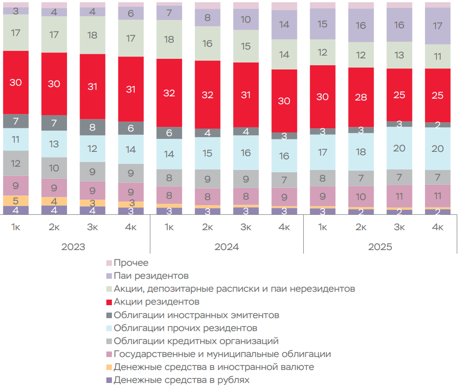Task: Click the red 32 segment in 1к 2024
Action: click(169, 93)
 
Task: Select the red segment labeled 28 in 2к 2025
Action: click(361, 97)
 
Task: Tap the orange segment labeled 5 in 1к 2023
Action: click(16, 201)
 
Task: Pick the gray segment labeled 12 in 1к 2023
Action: click(16, 163)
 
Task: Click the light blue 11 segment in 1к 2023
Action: click(16, 139)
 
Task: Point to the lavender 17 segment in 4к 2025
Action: click(437, 26)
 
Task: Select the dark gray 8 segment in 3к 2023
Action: click(92, 127)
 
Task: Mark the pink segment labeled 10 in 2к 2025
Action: click(361, 197)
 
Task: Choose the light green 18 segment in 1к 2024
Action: click(169, 39)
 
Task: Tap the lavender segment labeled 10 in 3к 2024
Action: click(246, 19)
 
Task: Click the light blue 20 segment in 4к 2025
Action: click(437, 149)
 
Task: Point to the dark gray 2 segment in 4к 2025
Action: click(437, 125)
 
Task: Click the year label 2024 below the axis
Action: click(227, 247)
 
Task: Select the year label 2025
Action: click(380, 247)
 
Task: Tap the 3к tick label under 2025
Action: click(399, 227)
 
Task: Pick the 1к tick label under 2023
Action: click(16, 227)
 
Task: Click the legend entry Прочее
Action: click(131, 263)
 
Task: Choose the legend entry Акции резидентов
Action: click(156, 302)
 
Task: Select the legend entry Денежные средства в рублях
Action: click(181, 380)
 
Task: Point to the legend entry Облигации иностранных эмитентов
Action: click(196, 315)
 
